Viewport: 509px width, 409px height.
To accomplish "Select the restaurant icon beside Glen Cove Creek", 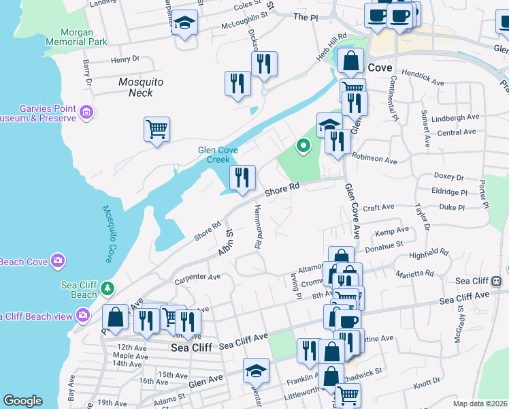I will [x=242, y=178].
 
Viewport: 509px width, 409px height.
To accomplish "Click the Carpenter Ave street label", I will [x=197, y=277].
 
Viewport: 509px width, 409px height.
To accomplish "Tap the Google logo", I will [x=22, y=401].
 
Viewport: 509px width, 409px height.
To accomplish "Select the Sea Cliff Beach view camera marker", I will [x=83, y=315].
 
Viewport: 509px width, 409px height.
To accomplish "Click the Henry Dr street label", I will [x=125, y=60].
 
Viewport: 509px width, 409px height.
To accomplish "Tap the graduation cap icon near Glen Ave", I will [x=256, y=371].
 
